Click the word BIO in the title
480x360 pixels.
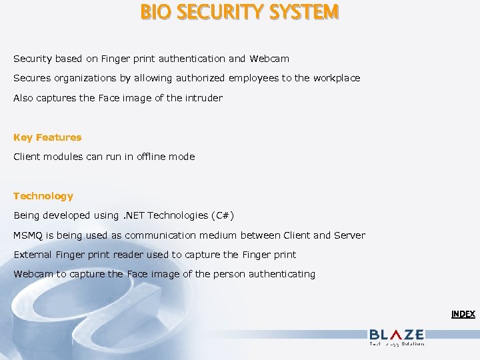coord(155,12)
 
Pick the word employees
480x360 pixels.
coord(253,78)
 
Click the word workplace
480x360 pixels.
coord(336,78)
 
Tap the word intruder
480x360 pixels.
coord(203,98)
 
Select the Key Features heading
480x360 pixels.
coord(47,137)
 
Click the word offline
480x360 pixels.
coord(152,157)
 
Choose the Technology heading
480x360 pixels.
coord(43,196)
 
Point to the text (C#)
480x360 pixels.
coord(222,215)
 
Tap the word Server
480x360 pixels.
coord(349,235)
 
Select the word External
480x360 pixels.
coord(33,255)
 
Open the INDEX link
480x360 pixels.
coord(463,314)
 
